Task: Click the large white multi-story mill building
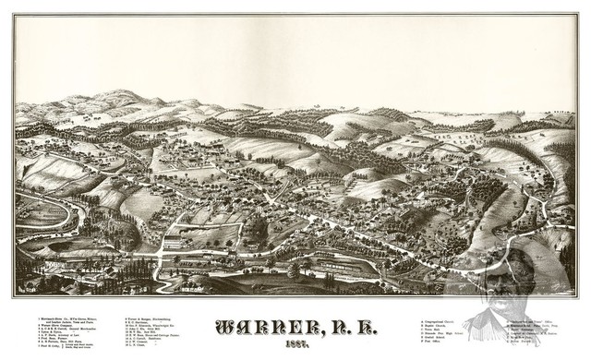point(172,242)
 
